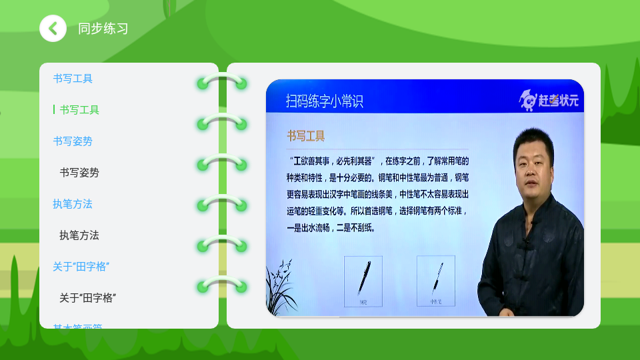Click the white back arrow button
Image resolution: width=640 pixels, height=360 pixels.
[53, 29]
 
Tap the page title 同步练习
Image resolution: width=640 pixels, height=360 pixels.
[103, 29]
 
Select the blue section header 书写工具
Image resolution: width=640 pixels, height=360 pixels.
[73, 79]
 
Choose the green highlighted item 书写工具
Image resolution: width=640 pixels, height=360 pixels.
[79, 110]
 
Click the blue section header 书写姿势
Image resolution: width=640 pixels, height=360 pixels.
[73, 141]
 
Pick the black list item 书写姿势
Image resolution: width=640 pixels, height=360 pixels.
[79, 173]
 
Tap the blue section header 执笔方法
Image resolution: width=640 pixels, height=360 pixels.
[73, 204]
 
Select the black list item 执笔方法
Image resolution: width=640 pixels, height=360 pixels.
[79, 235]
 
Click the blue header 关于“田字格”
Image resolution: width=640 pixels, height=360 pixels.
[81, 267]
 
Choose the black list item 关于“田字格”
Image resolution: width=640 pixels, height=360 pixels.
[88, 298]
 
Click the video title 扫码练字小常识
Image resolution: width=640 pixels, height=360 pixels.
[325, 101]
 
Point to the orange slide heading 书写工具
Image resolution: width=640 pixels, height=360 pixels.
[306, 136]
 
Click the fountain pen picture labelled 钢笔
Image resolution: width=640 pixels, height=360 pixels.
[363, 281]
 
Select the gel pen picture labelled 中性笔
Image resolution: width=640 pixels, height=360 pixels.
[435, 281]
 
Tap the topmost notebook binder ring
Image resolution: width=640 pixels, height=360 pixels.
[222, 82]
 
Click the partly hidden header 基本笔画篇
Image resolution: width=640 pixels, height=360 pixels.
[78, 326]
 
